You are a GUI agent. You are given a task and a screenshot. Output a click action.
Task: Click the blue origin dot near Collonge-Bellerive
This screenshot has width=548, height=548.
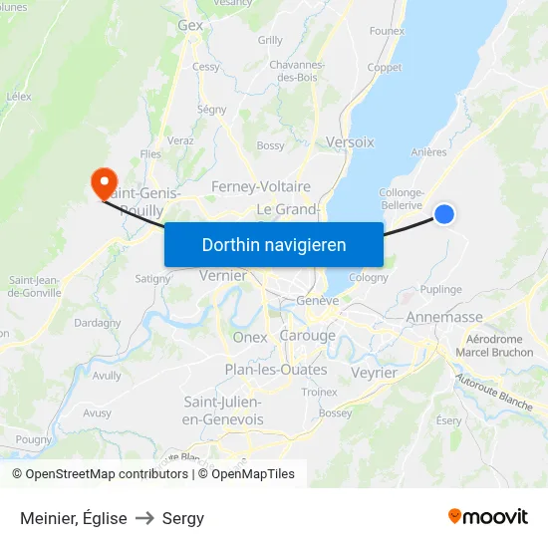pyautogui.click(x=444, y=214)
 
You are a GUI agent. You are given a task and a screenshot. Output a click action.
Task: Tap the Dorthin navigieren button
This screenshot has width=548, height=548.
pyautogui.click(x=274, y=244)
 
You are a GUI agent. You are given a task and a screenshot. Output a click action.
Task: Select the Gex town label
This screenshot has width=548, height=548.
pyautogui.click(x=190, y=26)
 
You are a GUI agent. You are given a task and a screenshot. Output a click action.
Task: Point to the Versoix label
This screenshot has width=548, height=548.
pyautogui.click(x=350, y=142)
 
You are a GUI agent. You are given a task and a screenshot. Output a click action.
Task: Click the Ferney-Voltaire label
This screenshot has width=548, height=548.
pyautogui.click(x=261, y=186)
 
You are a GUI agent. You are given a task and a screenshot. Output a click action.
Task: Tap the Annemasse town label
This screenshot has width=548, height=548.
pyautogui.click(x=444, y=318)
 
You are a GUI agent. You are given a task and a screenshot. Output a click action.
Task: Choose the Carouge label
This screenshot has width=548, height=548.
pyautogui.click(x=307, y=336)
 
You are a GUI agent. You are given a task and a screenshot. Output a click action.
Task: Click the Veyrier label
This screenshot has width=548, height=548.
pyautogui.click(x=375, y=373)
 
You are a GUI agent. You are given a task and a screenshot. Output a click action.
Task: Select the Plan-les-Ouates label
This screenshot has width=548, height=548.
pyautogui.click(x=276, y=370)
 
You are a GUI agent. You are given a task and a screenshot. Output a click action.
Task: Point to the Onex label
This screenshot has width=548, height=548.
pyautogui.click(x=250, y=337)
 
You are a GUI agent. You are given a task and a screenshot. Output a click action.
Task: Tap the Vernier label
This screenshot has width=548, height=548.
pyautogui.click(x=223, y=275)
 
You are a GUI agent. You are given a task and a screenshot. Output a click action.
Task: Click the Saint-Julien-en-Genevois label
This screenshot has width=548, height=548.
pyautogui.click(x=224, y=411)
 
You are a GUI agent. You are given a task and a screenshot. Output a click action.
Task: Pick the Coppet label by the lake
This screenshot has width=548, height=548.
pyautogui.click(x=385, y=68)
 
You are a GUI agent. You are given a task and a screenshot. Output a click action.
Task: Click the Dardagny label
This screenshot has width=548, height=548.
pyautogui.click(x=98, y=323)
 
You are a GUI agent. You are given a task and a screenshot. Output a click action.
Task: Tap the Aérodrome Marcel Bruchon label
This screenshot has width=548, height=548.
pyautogui.click(x=494, y=346)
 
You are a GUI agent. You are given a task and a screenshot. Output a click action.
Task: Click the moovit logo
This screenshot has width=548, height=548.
pyautogui.click(x=487, y=517)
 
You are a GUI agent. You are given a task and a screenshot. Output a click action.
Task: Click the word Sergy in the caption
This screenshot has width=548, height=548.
pyautogui.click(x=182, y=518)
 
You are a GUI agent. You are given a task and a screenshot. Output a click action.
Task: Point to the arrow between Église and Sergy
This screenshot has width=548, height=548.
pyautogui.click(x=143, y=518)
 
